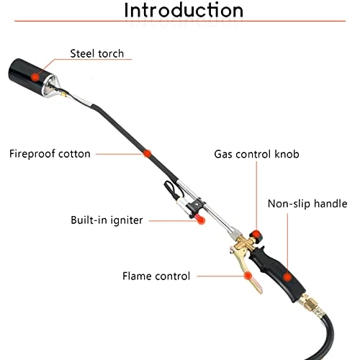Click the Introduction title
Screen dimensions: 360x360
click(184, 10)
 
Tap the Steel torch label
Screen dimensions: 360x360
click(97, 53)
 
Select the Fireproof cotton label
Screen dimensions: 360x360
click(50, 154)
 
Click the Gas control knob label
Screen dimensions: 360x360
click(256, 154)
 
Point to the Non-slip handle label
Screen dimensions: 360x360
click(307, 204)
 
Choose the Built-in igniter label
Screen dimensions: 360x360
click(107, 220)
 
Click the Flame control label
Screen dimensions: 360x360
click(156, 276)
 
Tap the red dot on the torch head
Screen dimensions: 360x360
click(35, 77)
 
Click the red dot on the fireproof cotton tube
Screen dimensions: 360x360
click(147, 153)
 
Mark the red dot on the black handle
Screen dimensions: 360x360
click(287, 277)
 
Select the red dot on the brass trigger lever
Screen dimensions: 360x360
click(248, 276)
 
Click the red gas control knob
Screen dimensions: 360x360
click(256, 235)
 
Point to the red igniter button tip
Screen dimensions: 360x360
click(200, 219)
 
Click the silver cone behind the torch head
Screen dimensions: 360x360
click(49, 86)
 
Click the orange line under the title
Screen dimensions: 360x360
click(180, 21)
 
